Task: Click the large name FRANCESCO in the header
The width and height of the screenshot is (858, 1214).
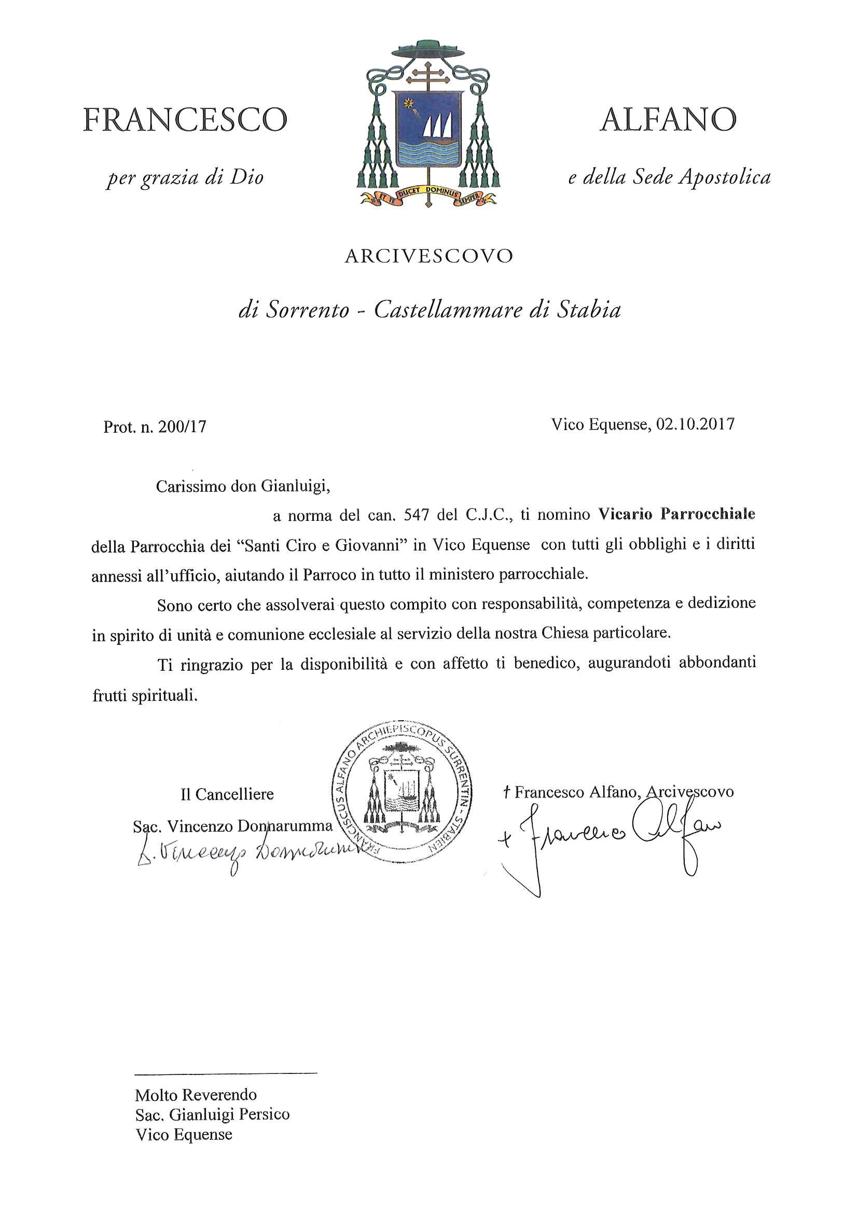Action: point(185,120)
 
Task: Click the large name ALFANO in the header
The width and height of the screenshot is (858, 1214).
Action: point(668,120)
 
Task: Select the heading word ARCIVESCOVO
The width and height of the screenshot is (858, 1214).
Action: point(428,256)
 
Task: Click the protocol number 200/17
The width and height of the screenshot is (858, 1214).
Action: point(183,426)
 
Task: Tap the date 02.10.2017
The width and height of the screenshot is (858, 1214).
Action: point(695,424)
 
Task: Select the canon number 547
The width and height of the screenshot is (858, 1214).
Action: point(415,515)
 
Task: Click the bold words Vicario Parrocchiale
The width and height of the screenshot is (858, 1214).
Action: point(676,514)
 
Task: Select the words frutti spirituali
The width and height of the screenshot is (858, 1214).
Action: point(145,695)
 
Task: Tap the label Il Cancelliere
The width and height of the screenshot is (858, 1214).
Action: point(227,794)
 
